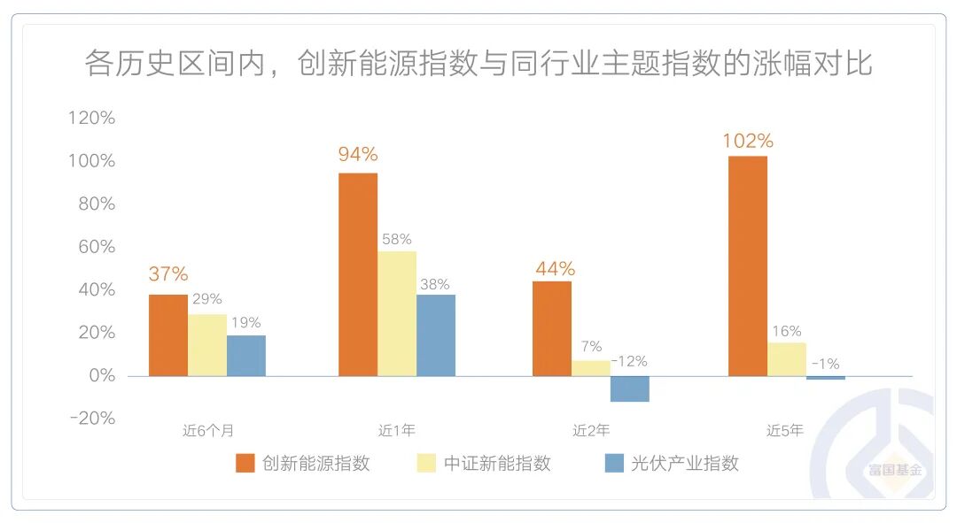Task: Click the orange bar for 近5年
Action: pos(747,265)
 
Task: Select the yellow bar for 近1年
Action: pos(397,313)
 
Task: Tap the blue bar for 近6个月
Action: pos(245,355)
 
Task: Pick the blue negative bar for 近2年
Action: pos(629,388)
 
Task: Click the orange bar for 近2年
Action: pos(552,328)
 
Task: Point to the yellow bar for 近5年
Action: pos(786,358)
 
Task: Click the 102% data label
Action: pos(748,141)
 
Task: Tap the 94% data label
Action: pos(358,154)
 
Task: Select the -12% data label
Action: pos(629,361)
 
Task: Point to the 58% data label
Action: pos(396,239)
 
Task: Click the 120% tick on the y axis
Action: pos(91,118)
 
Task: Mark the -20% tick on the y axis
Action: pos(91,418)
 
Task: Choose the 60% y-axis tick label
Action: pos(95,247)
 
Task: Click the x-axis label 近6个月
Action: pos(208,431)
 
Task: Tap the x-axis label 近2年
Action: pos(590,431)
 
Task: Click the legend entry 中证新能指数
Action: pos(497,463)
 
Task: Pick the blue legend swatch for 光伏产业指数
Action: pos(614,463)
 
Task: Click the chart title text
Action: pos(478,64)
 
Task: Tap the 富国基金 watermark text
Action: pos(895,470)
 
